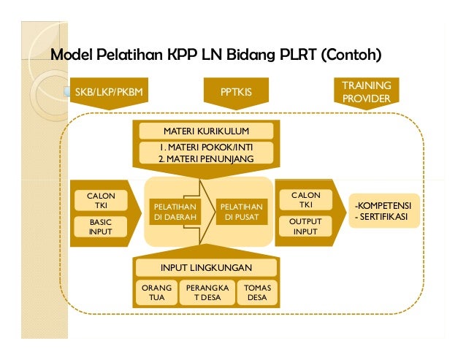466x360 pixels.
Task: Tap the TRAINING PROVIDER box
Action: [x=366, y=92]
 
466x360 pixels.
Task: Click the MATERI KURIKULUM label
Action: [x=205, y=131]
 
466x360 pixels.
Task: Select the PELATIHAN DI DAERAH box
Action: [x=172, y=212]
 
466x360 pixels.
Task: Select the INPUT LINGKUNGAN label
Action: [x=205, y=267]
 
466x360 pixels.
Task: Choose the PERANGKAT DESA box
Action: [x=207, y=293]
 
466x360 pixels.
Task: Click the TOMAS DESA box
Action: [x=257, y=293]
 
